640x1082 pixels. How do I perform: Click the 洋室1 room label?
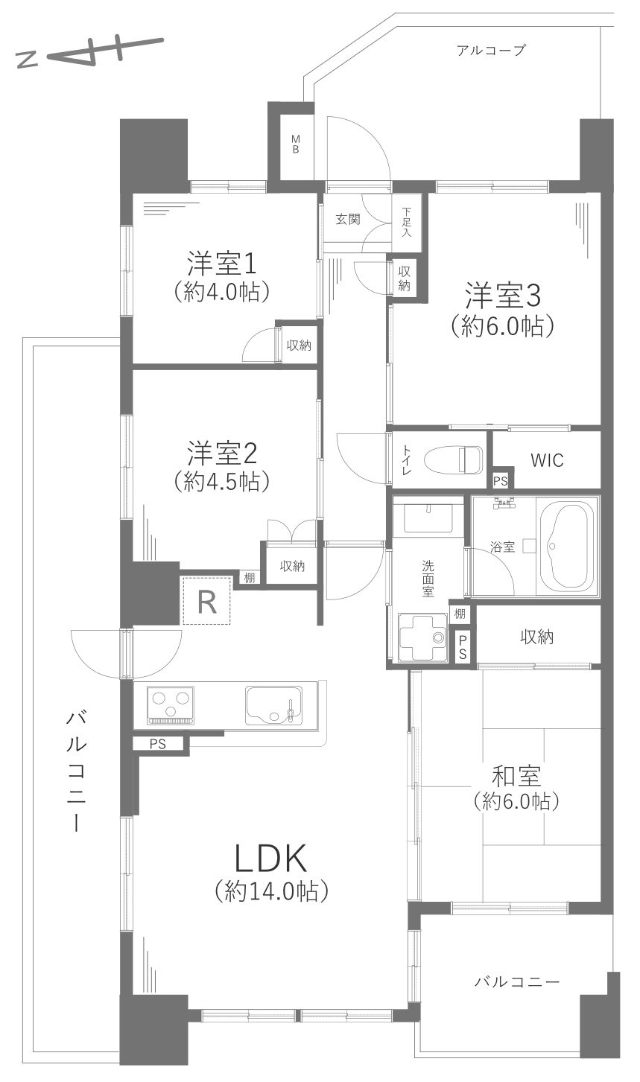pyautogui.click(x=221, y=264)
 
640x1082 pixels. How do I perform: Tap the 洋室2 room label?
pyautogui.click(x=221, y=452)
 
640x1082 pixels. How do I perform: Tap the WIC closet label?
pyautogui.click(x=548, y=460)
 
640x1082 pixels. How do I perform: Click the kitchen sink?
pyautogui.click(x=273, y=705)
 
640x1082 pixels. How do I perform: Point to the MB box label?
pyautogui.click(x=295, y=144)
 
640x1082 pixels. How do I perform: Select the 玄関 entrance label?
pyautogui.click(x=347, y=219)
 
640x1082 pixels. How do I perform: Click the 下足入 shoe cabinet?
pyautogui.click(x=407, y=220)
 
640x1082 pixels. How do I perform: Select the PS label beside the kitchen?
pyautogui.click(x=158, y=742)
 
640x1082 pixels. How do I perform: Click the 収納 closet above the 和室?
pyautogui.click(x=537, y=636)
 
